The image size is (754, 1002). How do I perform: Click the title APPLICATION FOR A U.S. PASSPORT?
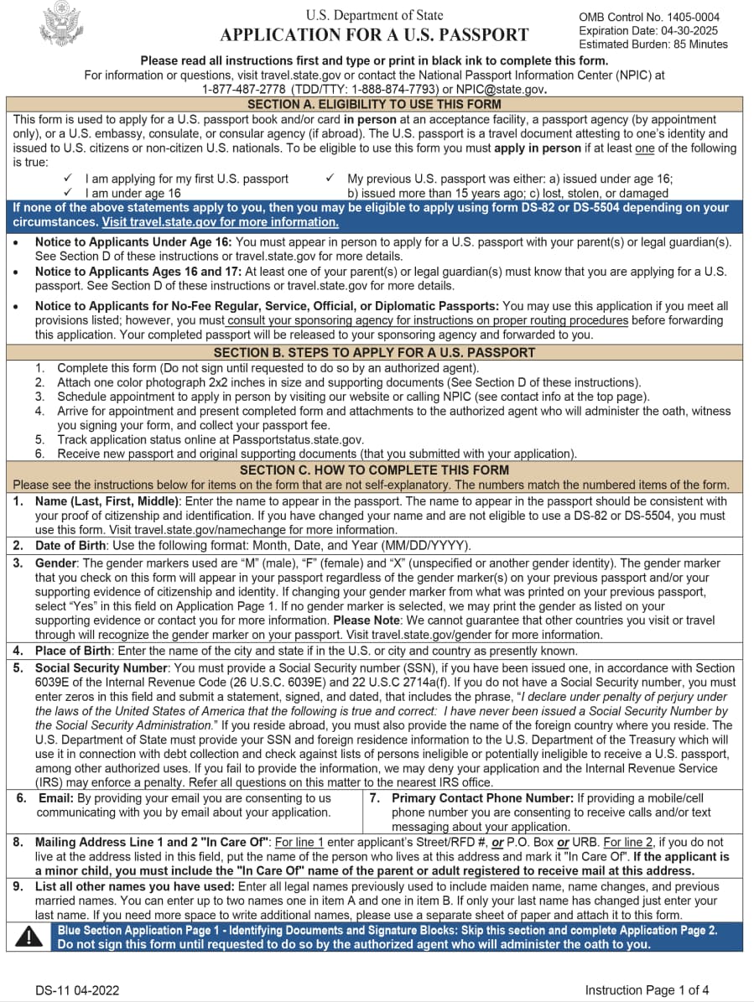374,34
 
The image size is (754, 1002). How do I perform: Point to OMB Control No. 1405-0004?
649,17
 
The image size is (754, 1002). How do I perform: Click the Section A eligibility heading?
374,104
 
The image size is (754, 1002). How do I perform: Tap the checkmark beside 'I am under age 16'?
68,193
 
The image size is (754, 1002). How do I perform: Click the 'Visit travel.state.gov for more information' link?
220,222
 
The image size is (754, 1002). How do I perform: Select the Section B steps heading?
374,352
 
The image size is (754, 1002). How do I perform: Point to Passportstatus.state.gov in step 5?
294,439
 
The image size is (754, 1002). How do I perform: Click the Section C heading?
374,470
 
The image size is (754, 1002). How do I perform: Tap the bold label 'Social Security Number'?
101,668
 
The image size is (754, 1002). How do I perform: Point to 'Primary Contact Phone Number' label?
482,798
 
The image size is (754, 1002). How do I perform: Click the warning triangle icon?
30,937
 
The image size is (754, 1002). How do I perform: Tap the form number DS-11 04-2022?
77,990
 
